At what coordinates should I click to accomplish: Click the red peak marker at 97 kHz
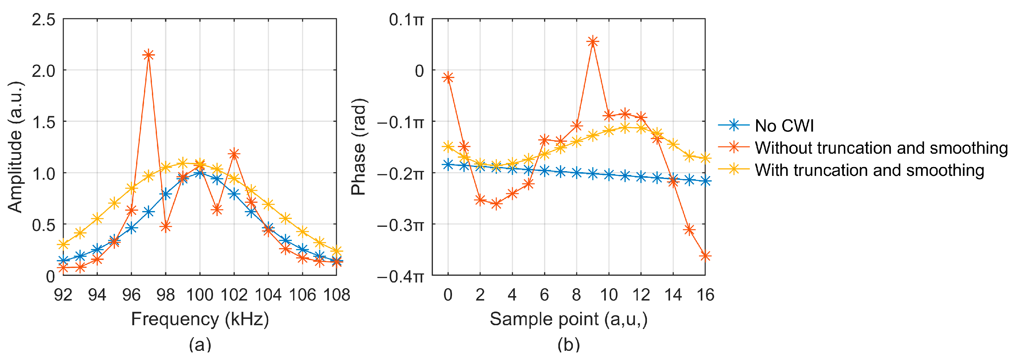(148, 55)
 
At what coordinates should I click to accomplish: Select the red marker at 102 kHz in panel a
(234, 154)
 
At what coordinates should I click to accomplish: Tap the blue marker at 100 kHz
(200, 173)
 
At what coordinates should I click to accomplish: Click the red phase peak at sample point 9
(593, 41)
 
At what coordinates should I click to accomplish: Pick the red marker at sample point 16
(705, 256)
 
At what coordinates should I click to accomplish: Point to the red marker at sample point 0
(448, 77)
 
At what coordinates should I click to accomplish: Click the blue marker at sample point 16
(705, 181)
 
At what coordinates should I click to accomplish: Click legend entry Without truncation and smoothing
(881, 148)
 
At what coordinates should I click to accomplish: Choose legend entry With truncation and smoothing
(869, 170)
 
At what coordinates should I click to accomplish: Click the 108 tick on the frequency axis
(336, 295)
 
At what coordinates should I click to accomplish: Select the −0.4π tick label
(400, 276)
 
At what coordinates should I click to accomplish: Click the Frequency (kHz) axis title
(200, 319)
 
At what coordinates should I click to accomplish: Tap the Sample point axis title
(568, 319)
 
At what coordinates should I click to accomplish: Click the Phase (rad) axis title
(359, 147)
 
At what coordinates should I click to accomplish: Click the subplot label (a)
(200, 344)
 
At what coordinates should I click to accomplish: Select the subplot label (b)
(568, 344)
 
